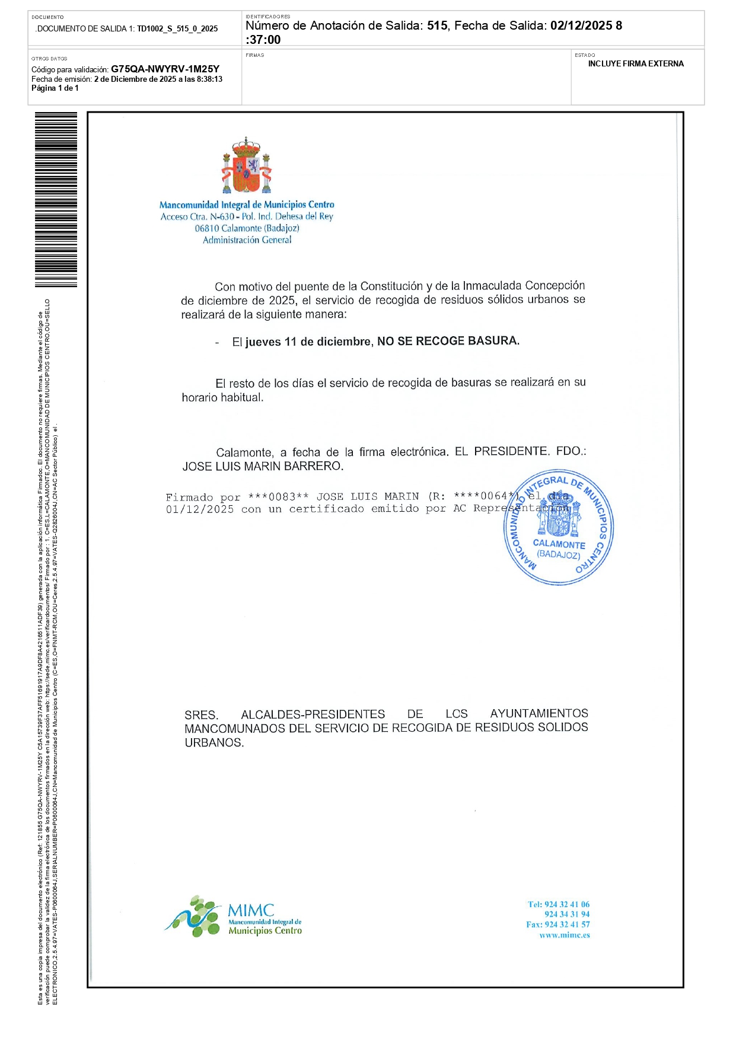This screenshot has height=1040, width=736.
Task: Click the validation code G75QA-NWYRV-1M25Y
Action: (x=165, y=69)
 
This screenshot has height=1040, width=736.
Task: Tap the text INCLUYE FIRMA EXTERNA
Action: (x=636, y=63)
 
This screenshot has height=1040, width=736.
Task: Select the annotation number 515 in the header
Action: (x=436, y=25)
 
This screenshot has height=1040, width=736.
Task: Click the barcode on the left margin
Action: (x=56, y=199)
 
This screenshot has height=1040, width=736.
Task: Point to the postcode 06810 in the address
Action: (x=206, y=228)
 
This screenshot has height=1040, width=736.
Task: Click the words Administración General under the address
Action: (x=247, y=240)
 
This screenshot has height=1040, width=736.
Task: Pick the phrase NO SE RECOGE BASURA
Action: (x=448, y=341)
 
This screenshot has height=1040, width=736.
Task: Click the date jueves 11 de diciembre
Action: (x=308, y=342)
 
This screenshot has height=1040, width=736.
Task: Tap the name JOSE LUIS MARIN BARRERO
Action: (x=262, y=466)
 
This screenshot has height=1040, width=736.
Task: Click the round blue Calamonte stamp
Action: (x=558, y=528)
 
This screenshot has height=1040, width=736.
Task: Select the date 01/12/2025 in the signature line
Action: (x=200, y=509)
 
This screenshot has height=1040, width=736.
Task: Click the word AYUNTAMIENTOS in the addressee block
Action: (x=539, y=713)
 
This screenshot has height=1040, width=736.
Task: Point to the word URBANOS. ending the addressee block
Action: (x=214, y=742)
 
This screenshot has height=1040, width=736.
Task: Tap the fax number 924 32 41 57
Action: (x=566, y=924)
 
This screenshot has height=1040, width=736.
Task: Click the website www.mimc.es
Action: (x=564, y=935)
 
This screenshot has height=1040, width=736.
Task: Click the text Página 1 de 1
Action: (x=55, y=88)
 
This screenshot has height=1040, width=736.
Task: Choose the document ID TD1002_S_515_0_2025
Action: (x=177, y=28)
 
